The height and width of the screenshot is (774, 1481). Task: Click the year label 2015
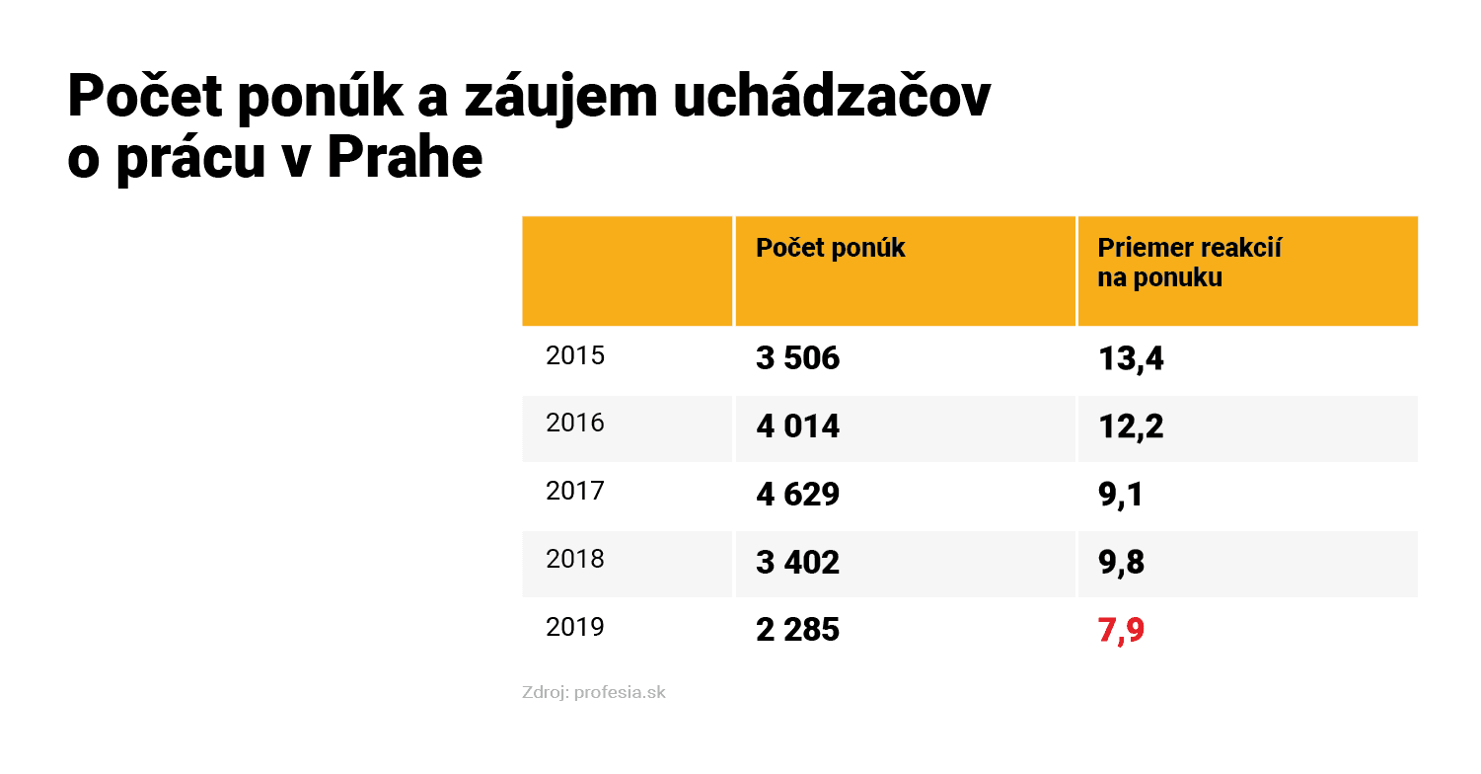(x=575, y=355)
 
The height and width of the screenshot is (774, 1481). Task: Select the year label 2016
(x=575, y=424)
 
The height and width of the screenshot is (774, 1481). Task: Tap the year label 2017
(x=575, y=491)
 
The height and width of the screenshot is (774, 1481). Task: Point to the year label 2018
(x=575, y=559)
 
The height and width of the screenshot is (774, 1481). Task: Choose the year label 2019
(x=575, y=627)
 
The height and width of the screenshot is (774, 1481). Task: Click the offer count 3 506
(x=798, y=358)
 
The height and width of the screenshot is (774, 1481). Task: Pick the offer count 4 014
(x=798, y=426)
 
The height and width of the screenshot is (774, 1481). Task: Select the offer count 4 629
(x=798, y=494)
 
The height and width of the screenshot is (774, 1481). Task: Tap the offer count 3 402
(x=798, y=562)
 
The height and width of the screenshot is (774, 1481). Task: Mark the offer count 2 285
(x=798, y=630)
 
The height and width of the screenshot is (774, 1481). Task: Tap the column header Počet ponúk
(x=831, y=248)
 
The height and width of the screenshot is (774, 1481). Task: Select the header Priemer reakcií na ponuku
(x=1189, y=263)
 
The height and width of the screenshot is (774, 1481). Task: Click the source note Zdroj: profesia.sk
(x=594, y=693)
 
